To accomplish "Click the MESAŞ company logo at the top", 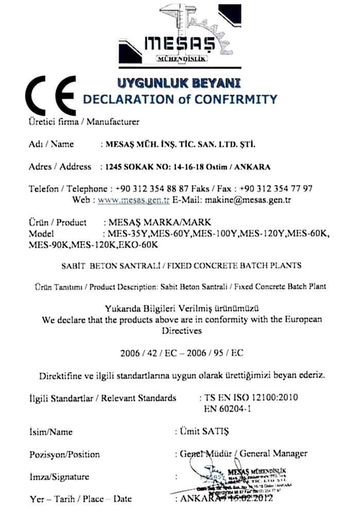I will (180, 36).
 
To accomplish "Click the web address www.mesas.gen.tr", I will (134, 200).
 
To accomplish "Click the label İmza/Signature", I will (59, 476).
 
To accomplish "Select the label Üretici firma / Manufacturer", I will (83, 122).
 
